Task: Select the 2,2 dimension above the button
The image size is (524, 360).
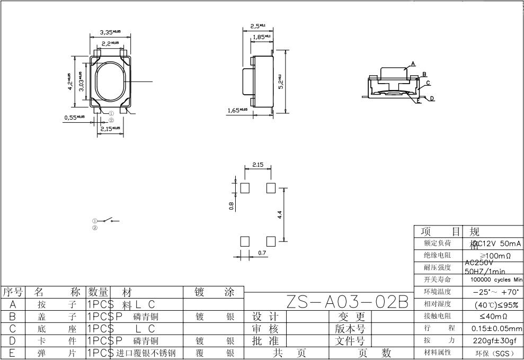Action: (x=110, y=43)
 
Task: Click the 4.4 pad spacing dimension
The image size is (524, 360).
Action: (x=280, y=214)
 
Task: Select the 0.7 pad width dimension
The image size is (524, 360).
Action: (x=262, y=253)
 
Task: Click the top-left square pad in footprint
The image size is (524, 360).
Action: (x=245, y=188)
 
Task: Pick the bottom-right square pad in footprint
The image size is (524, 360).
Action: (x=271, y=241)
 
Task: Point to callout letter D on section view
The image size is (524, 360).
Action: (x=432, y=98)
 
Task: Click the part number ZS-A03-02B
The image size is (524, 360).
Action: (x=348, y=302)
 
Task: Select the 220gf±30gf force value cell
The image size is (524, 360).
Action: (x=494, y=340)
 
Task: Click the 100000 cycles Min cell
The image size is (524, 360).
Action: (x=494, y=280)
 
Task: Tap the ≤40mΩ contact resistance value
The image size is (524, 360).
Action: (x=494, y=316)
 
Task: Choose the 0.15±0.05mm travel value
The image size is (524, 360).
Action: (x=494, y=328)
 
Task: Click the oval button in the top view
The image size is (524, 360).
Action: (x=110, y=82)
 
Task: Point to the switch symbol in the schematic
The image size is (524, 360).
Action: (x=108, y=221)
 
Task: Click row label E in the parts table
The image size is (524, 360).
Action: (x=12, y=353)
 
